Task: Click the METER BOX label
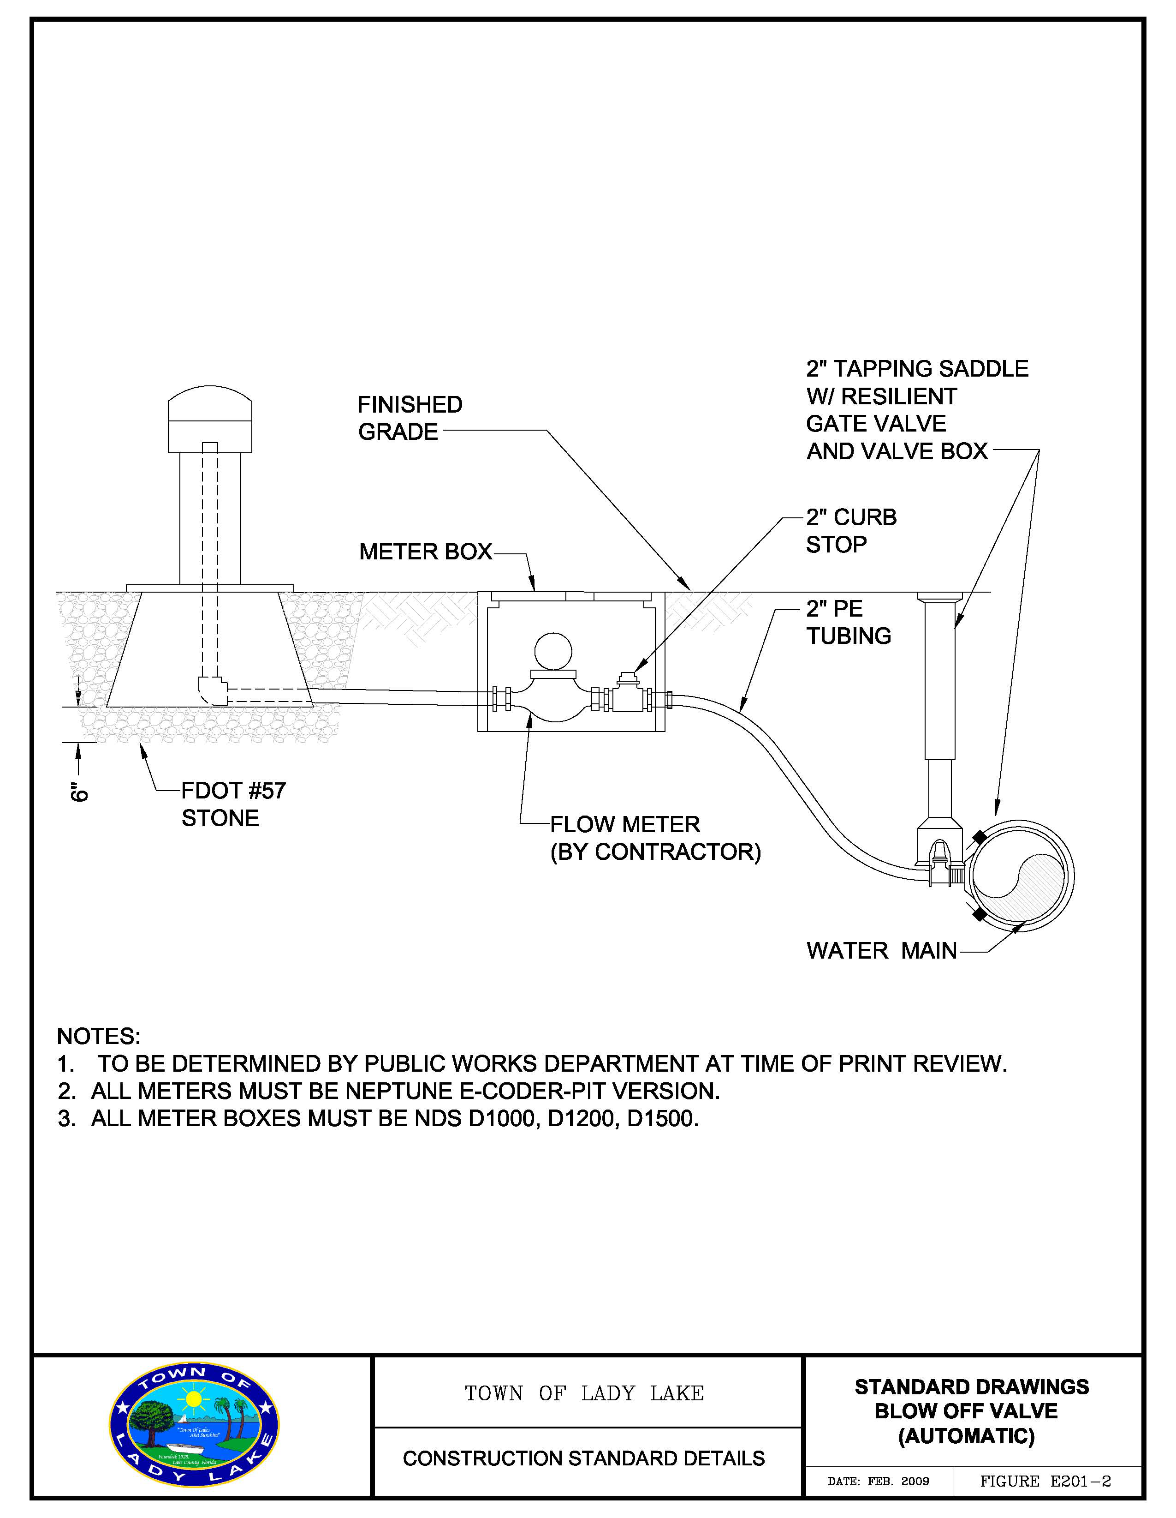pos(425,552)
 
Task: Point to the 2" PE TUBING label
pos(848,622)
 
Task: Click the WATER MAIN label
pos(881,950)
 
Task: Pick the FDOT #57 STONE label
pos(233,804)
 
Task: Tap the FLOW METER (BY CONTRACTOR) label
pos(655,838)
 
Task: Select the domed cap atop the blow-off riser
pos(210,419)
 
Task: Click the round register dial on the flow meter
pos(553,651)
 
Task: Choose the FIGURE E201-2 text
pos(1045,1481)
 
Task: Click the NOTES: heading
pos(99,1036)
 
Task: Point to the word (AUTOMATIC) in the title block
pos(966,1436)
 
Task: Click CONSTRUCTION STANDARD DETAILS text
pos(583,1458)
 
